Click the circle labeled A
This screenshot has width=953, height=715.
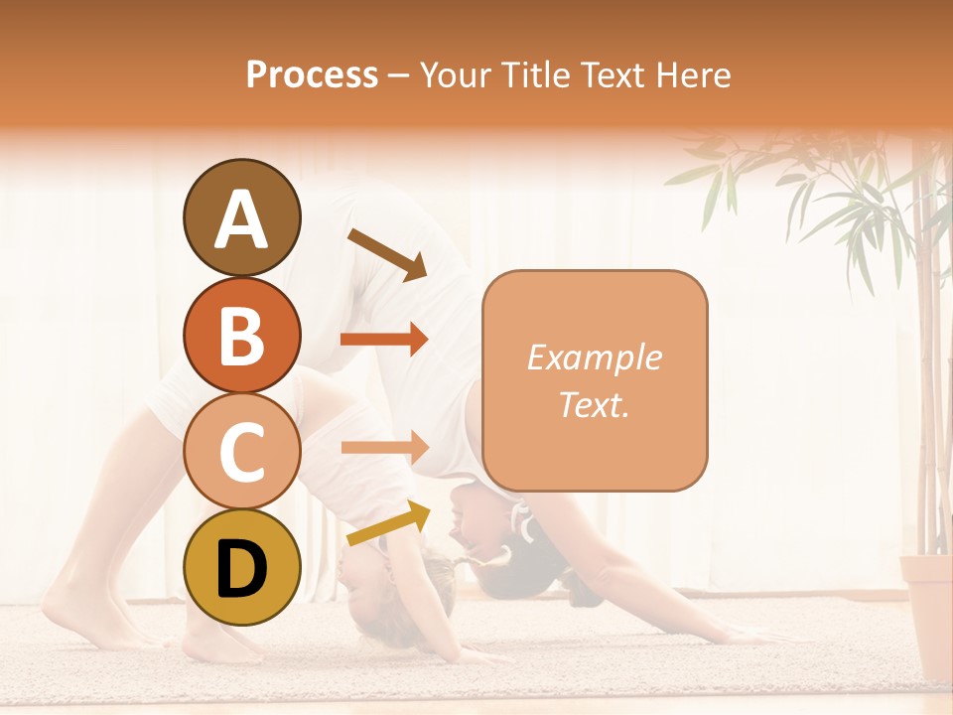241,217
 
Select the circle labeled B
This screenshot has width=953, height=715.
241,335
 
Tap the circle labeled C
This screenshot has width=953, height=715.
241,452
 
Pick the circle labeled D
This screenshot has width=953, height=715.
241,568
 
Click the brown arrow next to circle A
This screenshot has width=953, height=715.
387,253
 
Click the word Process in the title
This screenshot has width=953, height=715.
312,74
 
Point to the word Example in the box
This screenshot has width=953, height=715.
594,357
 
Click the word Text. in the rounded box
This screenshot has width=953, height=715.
594,404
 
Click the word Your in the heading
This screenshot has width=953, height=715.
452,74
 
